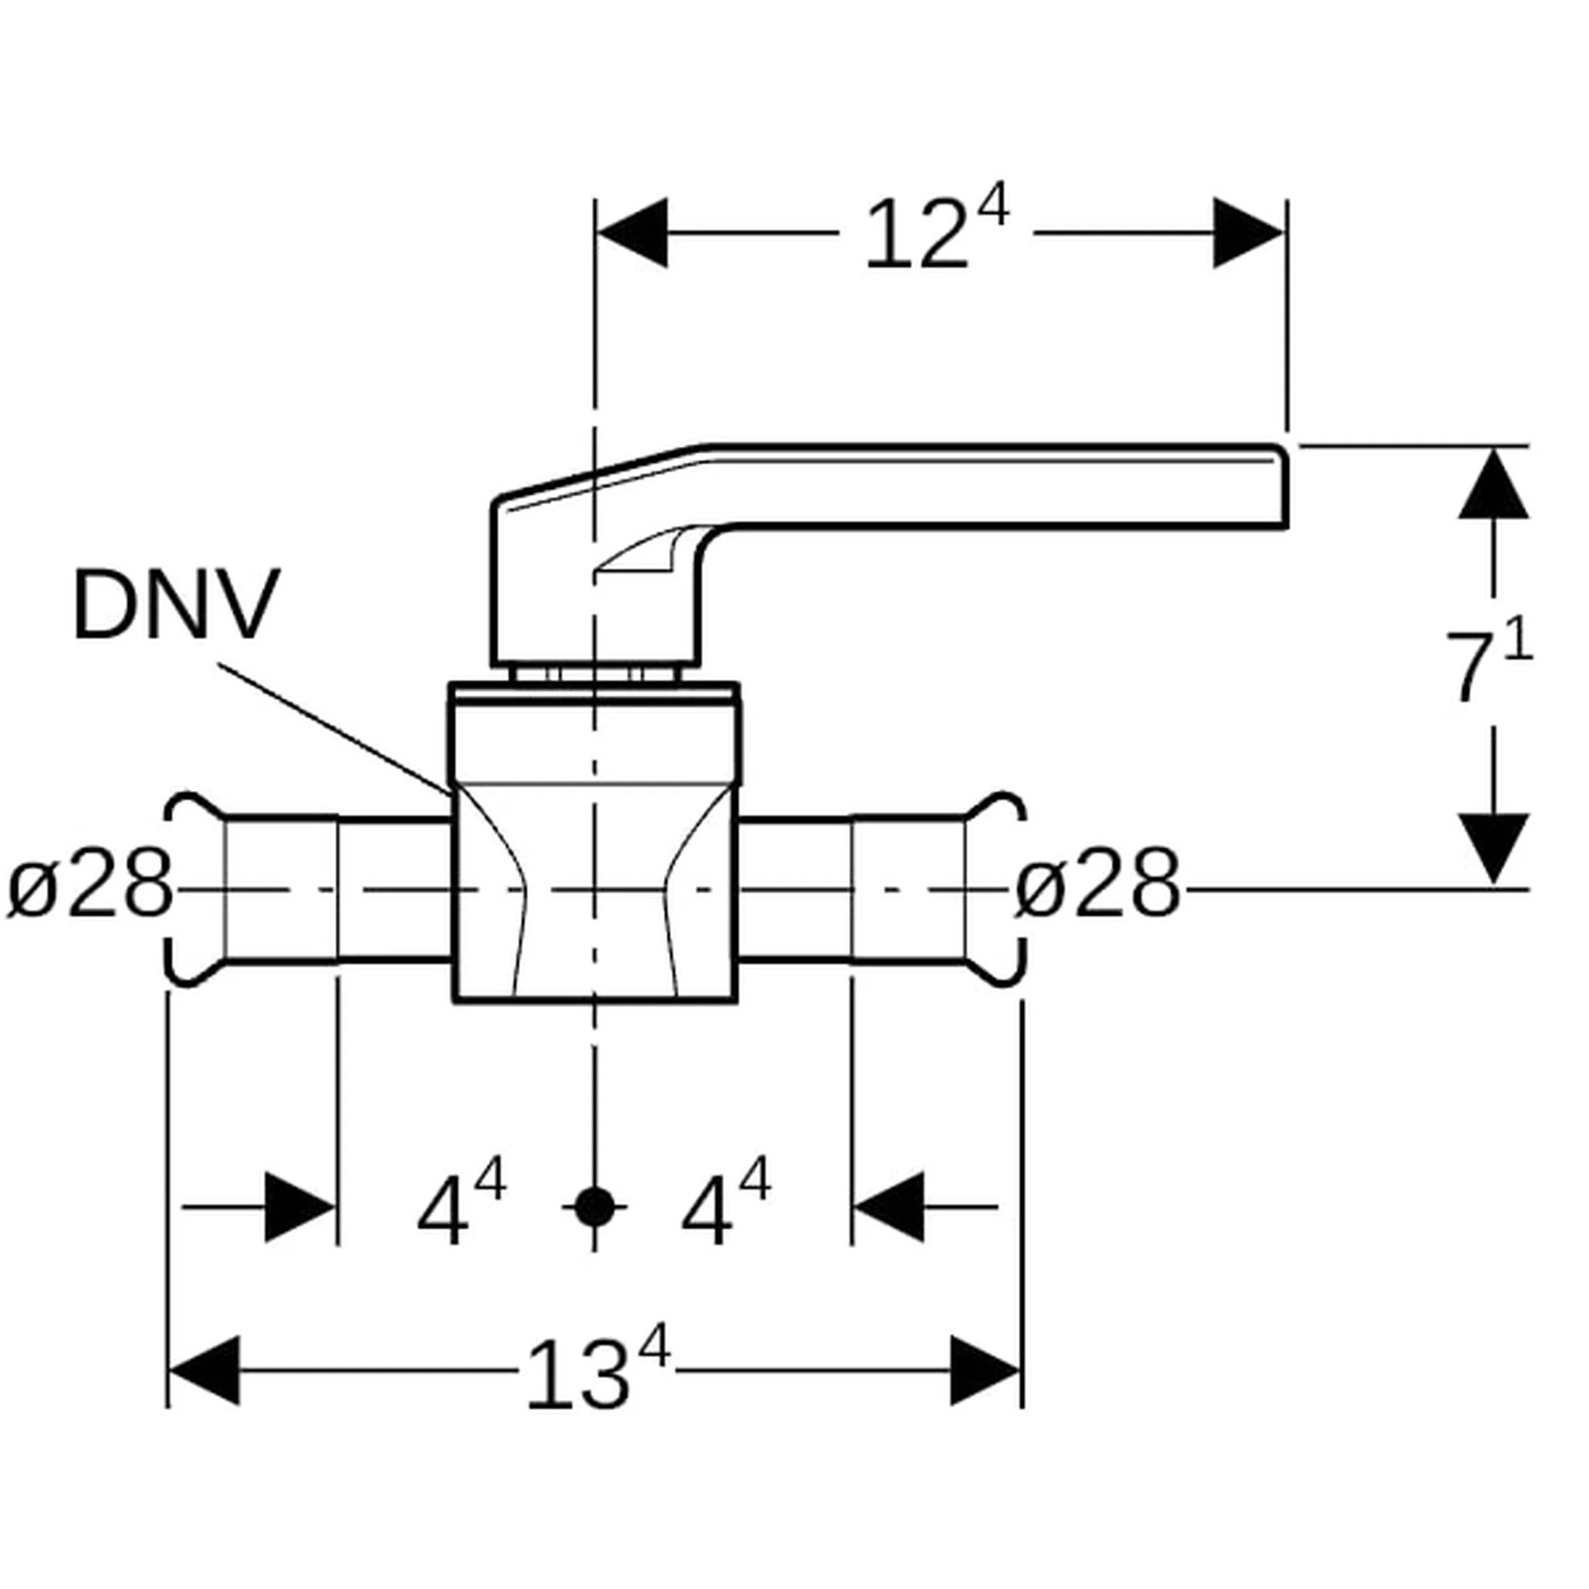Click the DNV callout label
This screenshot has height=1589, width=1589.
coord(177,605)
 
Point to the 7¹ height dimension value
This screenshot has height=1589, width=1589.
coord(1490,667)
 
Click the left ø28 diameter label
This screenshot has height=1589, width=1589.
coord(91,886)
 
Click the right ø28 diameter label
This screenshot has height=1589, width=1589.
coord(1097,886)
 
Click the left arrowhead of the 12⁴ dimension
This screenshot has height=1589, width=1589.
coord(632,233)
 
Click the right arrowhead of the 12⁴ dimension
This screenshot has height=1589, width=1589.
coord(1248,233)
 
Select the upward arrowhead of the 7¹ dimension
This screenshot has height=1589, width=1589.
coord(1494,483)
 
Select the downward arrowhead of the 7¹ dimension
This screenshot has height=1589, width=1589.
coord(1494,850)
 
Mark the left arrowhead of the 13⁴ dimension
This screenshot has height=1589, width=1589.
coord(204,1371)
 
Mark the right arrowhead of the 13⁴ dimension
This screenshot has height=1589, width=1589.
coord(985,1371)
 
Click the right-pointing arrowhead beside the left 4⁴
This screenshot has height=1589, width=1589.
coord(299,1207)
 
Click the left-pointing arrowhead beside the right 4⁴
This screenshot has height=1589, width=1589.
coord(889,1207)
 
